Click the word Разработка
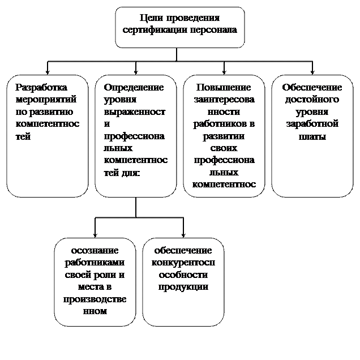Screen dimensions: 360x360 coord(41,87)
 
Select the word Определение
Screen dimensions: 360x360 coord(134,87)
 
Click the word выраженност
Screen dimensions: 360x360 coord(135,112)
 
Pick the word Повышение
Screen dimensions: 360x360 coord(224,87)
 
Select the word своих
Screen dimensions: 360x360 coord(224,148)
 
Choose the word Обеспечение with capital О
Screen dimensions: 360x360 coord(312,87)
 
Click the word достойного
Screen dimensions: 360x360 coord(312,100)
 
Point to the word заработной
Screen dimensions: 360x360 coord(312,124)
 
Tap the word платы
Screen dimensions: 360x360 coord(312,136)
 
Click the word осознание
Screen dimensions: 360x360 coord(95,250)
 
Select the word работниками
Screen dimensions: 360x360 coord(95,263)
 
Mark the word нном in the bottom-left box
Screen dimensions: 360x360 coord(95,311)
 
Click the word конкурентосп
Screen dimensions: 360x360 coord(183,263)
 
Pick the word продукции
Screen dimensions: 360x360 coord(183,287)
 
